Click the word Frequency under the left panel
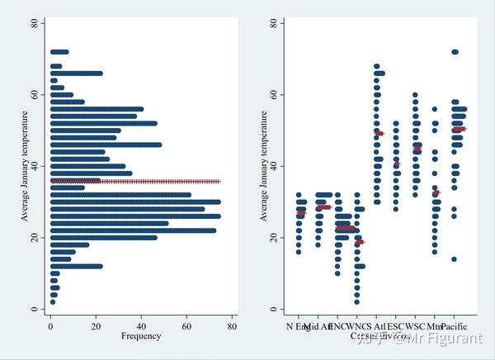pos(141,336)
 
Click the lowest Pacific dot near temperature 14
pos(454,259)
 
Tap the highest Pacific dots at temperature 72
pos(454,52)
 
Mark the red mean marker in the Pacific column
pos(458,129)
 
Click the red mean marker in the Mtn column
pos(436,192)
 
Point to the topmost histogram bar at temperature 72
pos(59,52)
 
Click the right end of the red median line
pos(219,181)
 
